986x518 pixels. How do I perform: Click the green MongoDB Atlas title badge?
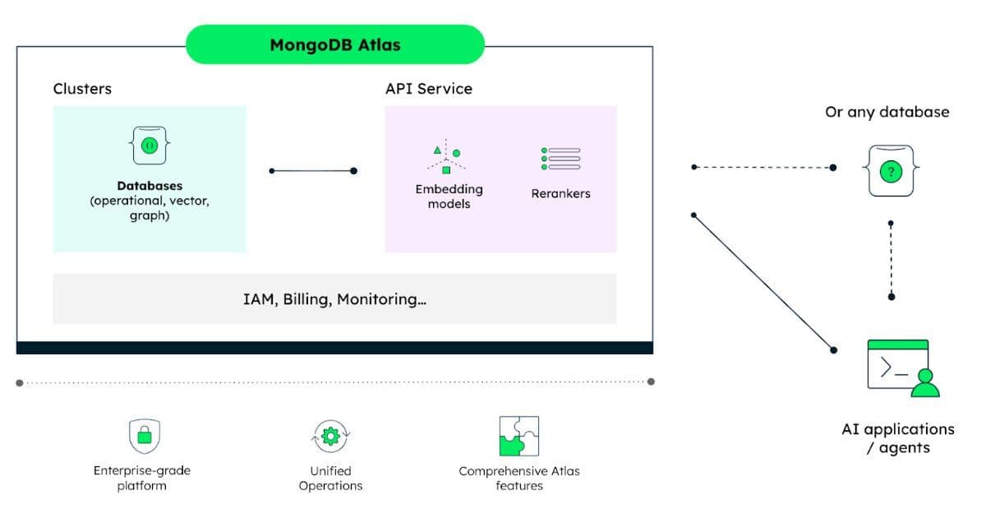tap(334, 44)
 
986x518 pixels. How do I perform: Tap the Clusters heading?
tap(82, 89)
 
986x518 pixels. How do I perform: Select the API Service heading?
tap(428, 89)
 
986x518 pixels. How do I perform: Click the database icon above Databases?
tap(150, 146)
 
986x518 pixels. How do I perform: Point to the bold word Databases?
tap(150, 186)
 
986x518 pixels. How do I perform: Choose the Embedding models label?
tap(449, 196)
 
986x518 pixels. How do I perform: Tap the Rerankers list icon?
tap(560, 159)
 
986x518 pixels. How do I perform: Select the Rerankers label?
tap(560, 194)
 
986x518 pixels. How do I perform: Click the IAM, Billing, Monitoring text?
tap(334, 299)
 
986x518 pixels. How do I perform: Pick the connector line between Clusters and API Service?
tap(312, 171)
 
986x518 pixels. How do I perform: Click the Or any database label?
tap(887, 112)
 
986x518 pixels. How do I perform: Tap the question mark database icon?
tap(891, 171)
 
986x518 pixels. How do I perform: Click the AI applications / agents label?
tap(898, 438)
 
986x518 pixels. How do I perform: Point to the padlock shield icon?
tap(145, 435)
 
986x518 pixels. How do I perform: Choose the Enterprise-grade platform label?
tap(141, 479)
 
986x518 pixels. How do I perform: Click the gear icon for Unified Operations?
tap(330, 436)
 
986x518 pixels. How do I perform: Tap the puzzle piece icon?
tap(518, 436)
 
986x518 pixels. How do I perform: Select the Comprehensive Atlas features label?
tap(518, 479)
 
